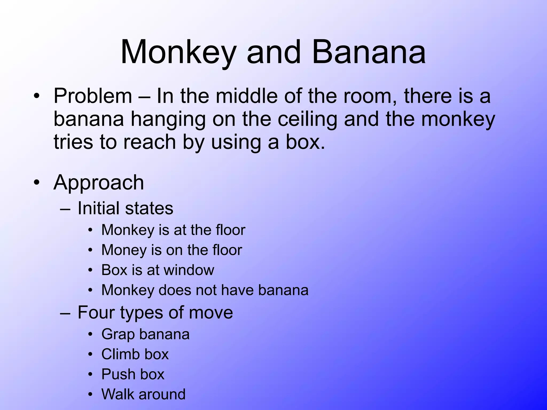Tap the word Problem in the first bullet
tap(93, 96)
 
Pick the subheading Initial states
tap(125, 208)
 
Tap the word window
tap(189, 270)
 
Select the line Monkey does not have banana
tap(205, 290)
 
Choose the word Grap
tap(118, 334)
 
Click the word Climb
tap(120, 354)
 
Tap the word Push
tap(118, 374)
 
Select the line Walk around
tap(143, 394)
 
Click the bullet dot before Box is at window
tap(91, 270)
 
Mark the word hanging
tap(168, 120)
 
